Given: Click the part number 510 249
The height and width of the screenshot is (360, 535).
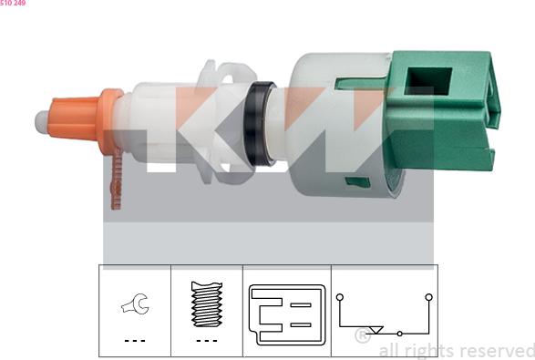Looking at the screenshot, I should tap(13, 4).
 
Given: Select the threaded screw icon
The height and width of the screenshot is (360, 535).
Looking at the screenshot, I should tap(206, 304).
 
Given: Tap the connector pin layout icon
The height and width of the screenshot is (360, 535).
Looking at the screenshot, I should tap(286, 314).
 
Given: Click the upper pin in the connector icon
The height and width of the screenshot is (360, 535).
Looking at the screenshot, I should tap(301, 304).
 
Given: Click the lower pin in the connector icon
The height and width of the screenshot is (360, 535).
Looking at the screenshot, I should tap(301, 325).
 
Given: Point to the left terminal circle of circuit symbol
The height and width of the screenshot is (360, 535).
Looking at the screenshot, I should tap(339, 297).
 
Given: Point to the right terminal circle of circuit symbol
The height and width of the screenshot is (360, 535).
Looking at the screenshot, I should tap(427, 297).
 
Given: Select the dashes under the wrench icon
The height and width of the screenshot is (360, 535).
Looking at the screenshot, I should tap(135, 340).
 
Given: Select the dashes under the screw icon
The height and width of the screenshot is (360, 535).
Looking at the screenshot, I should tap(206, 340).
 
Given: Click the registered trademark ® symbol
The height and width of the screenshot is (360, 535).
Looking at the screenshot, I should tap(362, 336).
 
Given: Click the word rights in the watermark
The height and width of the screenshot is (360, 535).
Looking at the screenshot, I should tap(424, 351).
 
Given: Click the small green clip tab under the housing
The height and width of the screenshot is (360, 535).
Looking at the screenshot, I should tap(357, 181).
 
